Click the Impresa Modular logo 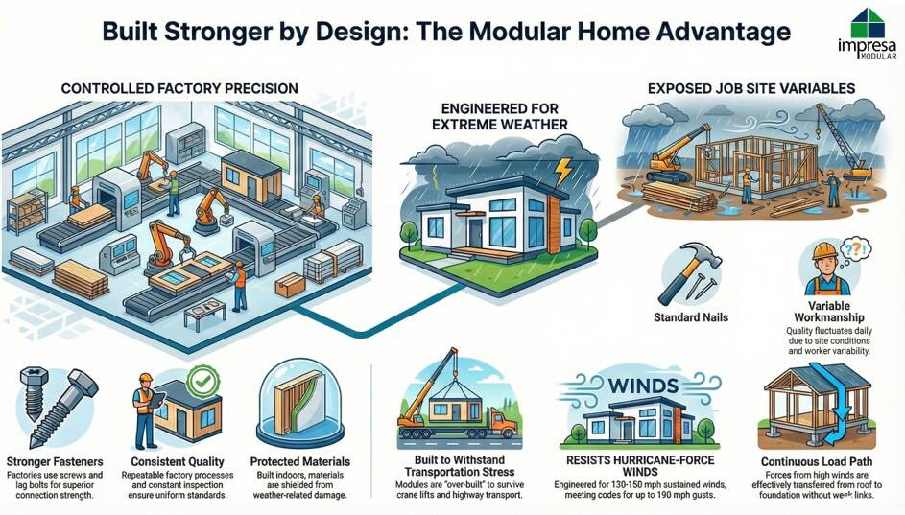[x=867, y=34]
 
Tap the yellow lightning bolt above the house [x=563, y=172]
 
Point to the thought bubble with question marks [x=853, y=251]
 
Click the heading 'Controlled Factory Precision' [x=179, y=89]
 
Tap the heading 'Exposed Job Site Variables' [x=751, y=89]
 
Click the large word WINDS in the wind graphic [x=642, y=386]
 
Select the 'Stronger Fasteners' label [x=55, y=461]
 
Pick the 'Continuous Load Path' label [x=817, y=461]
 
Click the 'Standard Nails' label [x=691, y=317]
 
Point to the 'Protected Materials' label [x=300, y=461]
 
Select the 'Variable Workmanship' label [x=829, y=312]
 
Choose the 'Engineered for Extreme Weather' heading [x=500, y=116]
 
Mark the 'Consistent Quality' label [x=178, y=461]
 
